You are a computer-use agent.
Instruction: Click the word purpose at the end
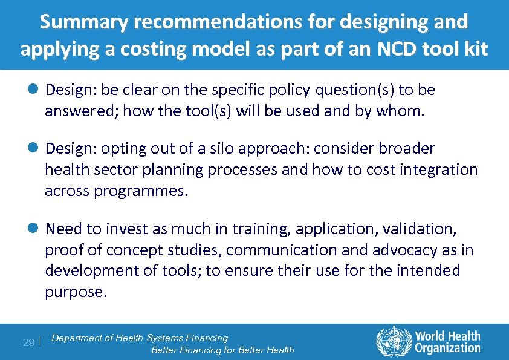point(76,292)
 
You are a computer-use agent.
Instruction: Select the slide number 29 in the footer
point(28,342)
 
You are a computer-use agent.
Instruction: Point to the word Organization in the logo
point(447,348)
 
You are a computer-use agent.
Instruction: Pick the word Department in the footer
point(76,338)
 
